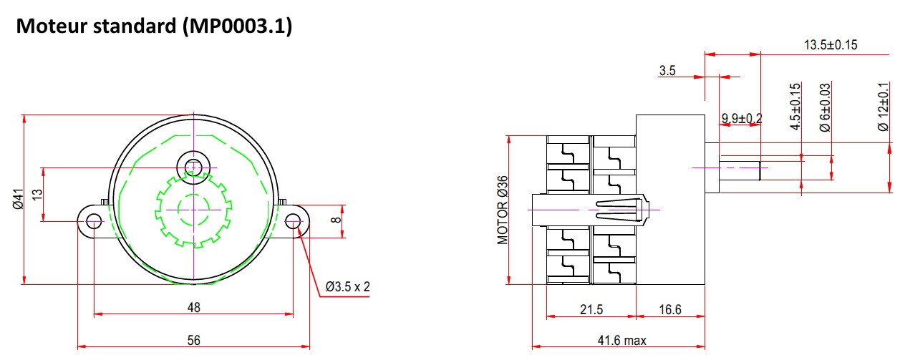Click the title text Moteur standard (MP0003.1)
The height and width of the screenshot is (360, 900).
(x=154, y=26)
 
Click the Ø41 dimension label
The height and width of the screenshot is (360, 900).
(x=18, y=199)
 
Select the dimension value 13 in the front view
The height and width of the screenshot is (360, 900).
(x=37, y=195)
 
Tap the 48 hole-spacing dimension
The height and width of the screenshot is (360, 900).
(x=193, y=307)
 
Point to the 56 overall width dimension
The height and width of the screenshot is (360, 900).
(x=193, y=340)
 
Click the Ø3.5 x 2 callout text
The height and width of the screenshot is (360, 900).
(x=347, y=286)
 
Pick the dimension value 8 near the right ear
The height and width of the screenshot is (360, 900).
(x=336, y=220)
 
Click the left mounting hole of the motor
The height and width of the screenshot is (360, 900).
(x=94, y=221)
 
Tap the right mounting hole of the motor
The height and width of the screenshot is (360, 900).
(x=294, y=221)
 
